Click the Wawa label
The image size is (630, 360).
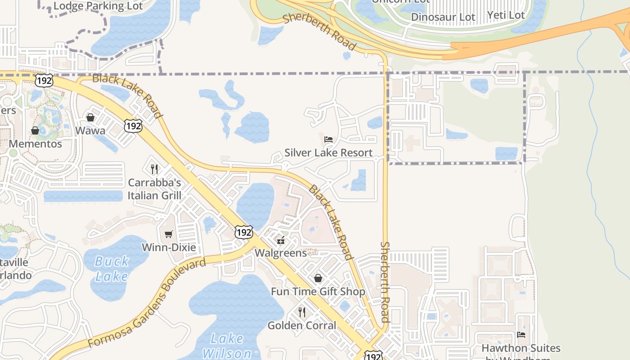pos(90,131)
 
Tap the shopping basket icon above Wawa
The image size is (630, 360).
pos(90,117)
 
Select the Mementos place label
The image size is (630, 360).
pos(36,144)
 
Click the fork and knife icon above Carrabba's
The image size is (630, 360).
pos(154,169)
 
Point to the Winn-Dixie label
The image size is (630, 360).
pos(169,247)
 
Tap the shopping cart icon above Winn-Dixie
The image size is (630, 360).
pos(169,234)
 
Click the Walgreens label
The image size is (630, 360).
pos(281,253)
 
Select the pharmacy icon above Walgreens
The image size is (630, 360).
pos(281,240)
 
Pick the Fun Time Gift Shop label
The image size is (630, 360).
pos(318,292)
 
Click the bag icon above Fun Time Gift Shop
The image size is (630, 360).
pos(318,278)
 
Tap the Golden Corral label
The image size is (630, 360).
pos(302,325)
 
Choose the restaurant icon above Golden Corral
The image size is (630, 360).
pos(302,312)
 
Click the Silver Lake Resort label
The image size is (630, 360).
pos(328,153)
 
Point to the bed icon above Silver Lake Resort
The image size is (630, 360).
pos(328,139)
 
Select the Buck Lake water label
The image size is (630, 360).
pos(112,269)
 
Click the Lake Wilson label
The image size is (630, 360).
pos(227,346)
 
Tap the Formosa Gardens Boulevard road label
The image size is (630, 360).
pos(146,303)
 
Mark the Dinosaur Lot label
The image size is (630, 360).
pos(443,18)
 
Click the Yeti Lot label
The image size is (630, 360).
pos(506,15)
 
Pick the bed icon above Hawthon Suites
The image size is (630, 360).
pos(521,334)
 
